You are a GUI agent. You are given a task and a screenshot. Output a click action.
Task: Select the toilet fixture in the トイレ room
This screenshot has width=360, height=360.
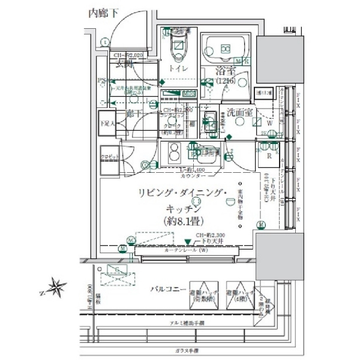click(x=179, y=48)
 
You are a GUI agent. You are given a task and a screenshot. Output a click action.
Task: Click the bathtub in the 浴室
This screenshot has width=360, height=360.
click(x=226, y=49)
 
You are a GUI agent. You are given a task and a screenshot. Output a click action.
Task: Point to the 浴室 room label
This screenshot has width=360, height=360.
click(x=227, y=72)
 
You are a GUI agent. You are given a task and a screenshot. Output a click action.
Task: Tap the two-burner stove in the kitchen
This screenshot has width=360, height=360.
click(x=175, y=154)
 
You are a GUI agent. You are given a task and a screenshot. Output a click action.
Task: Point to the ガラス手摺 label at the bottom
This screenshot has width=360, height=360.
click(x=187, y=350)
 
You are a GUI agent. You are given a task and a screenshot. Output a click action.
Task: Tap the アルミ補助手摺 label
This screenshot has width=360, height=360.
click(x=187, y=323)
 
